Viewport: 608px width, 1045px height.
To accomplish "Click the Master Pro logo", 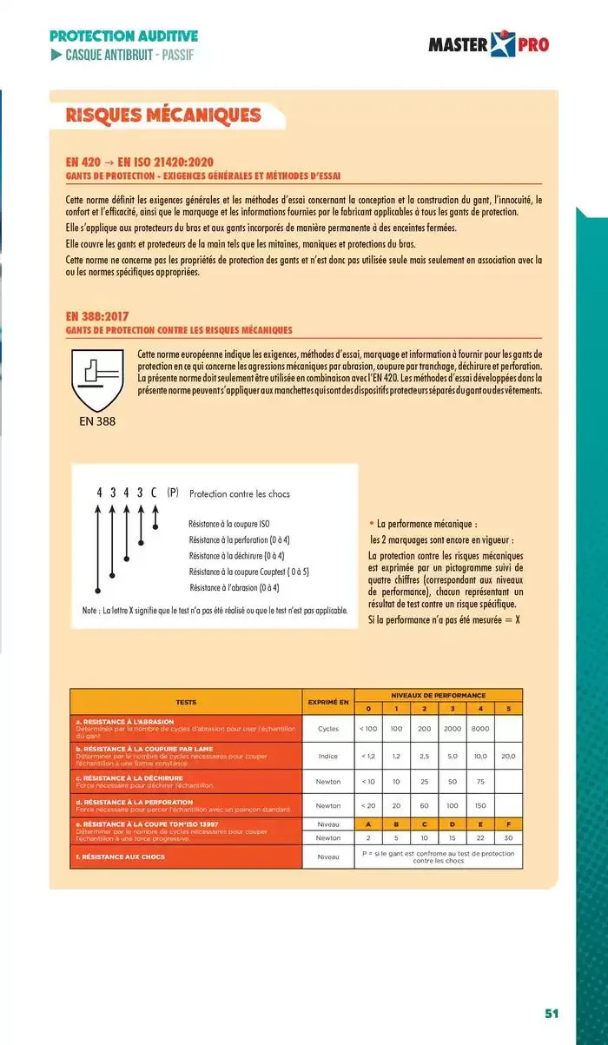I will (488, 43).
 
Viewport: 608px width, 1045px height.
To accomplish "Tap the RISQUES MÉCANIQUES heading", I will (163, 116).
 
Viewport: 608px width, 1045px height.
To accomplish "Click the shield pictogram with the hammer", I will (96, 380).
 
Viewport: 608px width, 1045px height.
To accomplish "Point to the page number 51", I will (552, 1014).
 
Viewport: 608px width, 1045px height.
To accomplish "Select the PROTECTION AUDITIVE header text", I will (124, 36).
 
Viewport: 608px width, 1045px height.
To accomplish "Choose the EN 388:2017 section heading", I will (97, 316).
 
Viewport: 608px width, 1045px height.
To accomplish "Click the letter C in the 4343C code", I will (154, 493).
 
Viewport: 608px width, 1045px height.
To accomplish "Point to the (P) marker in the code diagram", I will (172, 493).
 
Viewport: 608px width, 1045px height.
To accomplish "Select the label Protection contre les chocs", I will (239, 493).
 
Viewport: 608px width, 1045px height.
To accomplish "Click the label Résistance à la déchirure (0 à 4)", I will (236, 556).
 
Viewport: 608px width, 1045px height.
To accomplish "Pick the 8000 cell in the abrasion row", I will (479, 729).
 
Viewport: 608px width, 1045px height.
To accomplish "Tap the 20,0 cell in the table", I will (508, 756).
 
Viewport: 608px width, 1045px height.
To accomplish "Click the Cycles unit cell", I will (328, 729).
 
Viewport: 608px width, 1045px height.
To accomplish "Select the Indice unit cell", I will (328, 756).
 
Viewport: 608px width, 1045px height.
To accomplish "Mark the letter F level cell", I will (508, 823).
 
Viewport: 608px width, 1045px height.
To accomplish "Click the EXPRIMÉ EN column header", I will (328, 701).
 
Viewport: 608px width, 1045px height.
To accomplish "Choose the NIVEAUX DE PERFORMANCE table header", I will (439, 695).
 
